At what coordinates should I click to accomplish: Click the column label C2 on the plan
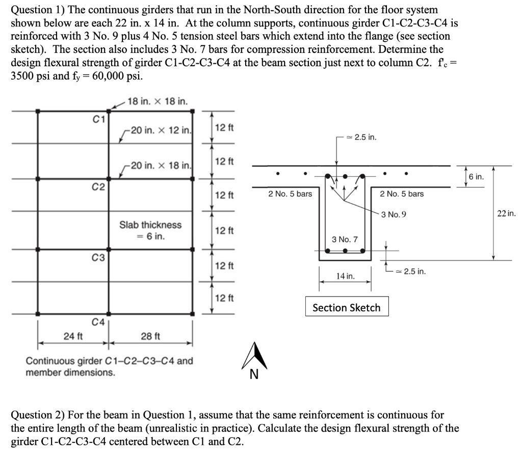tap(99, 188)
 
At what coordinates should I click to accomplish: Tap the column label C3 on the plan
tap(99, 258)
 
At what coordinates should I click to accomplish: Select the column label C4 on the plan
tap(98, 322)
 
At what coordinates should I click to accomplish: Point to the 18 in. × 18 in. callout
tap(158, 101)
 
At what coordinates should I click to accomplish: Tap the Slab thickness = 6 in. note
tap(150, 230)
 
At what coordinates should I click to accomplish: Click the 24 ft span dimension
tap(73, 336)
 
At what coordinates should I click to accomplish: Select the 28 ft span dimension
tap(150, 336)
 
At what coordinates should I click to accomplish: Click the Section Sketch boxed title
tap(346, 307)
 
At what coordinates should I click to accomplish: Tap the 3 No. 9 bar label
tap(394, 214)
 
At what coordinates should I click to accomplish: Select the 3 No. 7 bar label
tap(345, 238)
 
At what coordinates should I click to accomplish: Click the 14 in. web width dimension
tap(345, 276)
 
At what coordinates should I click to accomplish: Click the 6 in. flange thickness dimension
tap(476, 177)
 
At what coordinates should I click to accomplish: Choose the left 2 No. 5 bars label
tap(290, 194)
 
